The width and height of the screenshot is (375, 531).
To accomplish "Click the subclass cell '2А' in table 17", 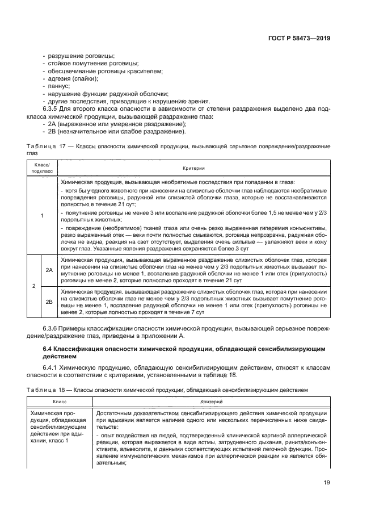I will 49,270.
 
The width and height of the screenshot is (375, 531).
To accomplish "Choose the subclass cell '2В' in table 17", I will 49,301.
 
